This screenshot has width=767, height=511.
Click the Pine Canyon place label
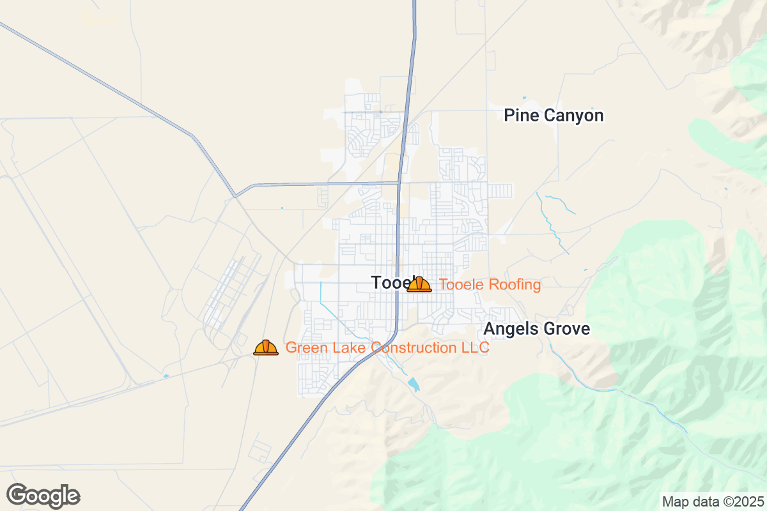[554, 116]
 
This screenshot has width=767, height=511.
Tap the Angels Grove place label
[536, 329]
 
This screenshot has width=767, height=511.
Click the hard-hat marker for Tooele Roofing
[419, 284]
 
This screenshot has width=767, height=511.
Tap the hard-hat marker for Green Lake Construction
[266, 347]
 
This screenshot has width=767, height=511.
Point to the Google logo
[43, 496]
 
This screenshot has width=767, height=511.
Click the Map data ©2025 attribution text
[713, 501]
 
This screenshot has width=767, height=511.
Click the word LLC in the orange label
[476, 347]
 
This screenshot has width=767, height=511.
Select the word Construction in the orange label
[415, 347]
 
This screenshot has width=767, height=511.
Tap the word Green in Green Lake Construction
[304, 347]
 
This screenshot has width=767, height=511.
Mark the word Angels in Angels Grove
[510, 329]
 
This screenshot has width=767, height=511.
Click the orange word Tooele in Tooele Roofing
[462, 285]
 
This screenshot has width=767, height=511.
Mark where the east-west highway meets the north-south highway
[399, 183]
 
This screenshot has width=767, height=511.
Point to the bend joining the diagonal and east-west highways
[236, 195]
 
